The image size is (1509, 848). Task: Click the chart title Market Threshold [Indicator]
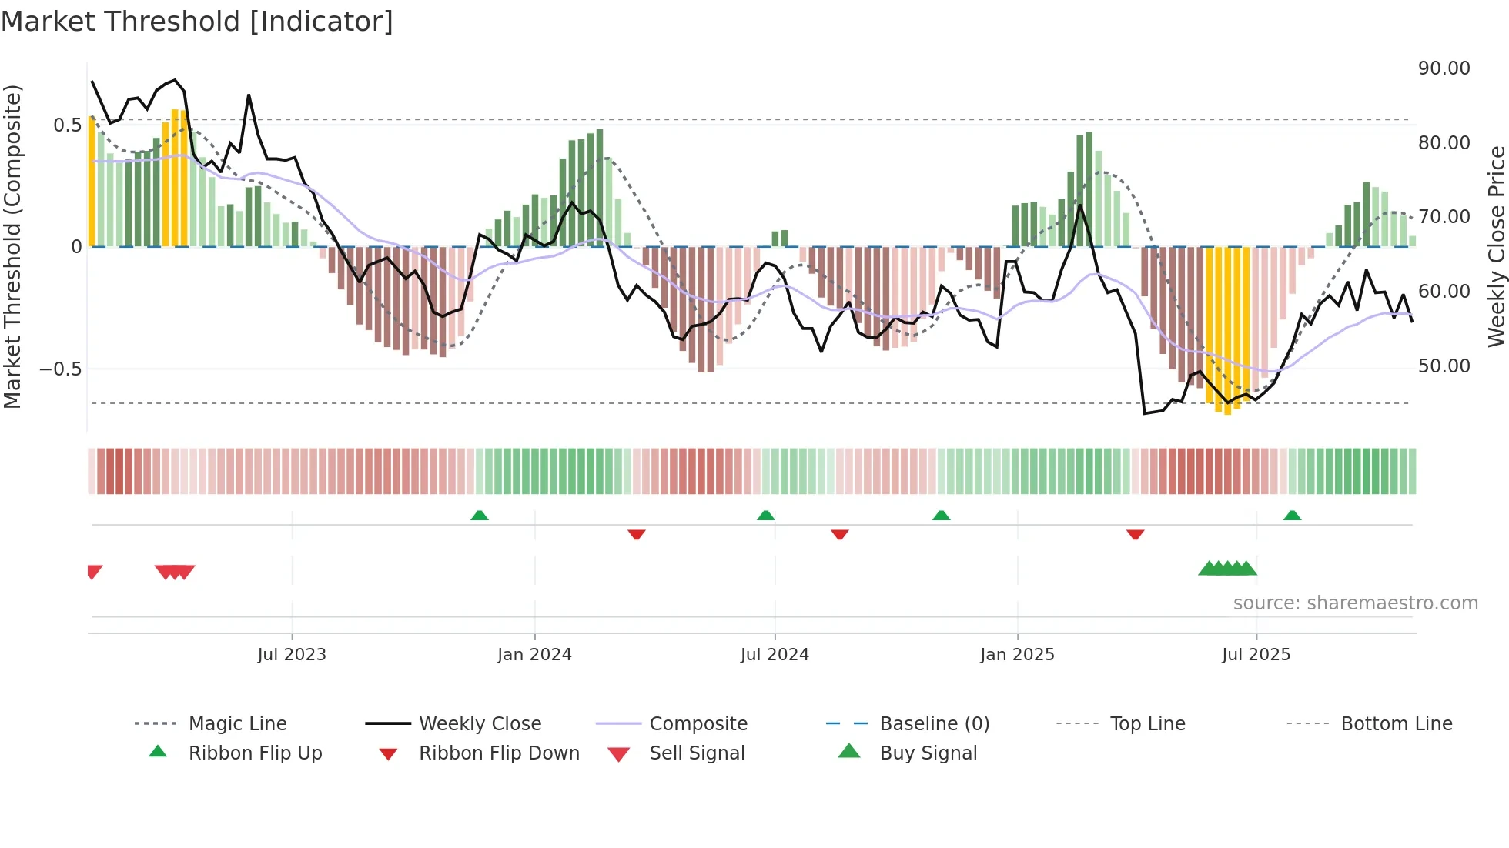pos(197,22)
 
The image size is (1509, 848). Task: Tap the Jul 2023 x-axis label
pos(292,655)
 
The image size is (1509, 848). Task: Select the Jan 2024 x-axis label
pos(534,655)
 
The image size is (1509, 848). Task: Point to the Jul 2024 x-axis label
pos(775,655)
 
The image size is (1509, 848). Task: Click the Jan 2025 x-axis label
pos(1017,655)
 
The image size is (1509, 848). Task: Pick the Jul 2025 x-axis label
pos(1256,655)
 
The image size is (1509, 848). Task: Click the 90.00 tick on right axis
pos(1444,68)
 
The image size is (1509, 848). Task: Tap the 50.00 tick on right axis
pos(1444,366)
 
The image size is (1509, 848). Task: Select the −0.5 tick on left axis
pos(60,369)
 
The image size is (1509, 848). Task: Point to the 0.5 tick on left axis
pos(67,125)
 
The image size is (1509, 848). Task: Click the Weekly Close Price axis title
pos(1496,246)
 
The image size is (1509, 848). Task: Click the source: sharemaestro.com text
pos(1355,603)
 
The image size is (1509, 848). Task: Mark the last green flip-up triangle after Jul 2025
pos(1292,516)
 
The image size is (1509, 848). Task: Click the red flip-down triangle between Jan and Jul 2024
pos(636,534)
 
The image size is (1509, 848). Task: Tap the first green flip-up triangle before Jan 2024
pos(480,516)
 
